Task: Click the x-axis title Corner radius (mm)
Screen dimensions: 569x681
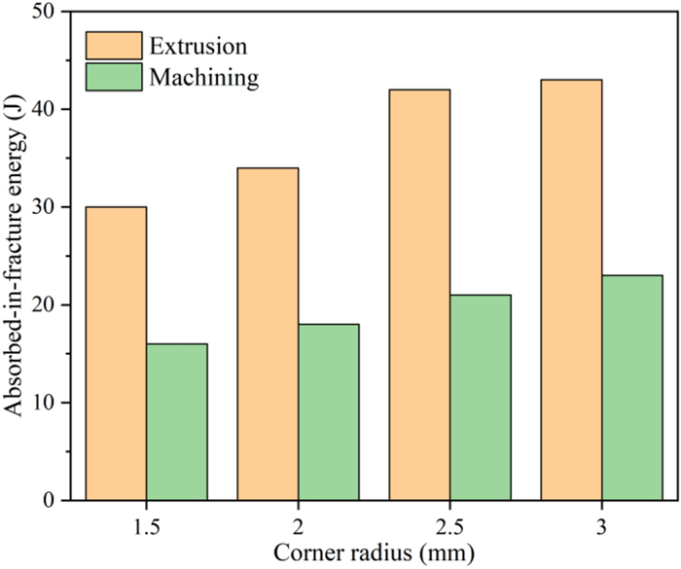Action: (x=375, y=552)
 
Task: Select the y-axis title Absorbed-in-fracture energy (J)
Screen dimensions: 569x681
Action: (x=16, y=256)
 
